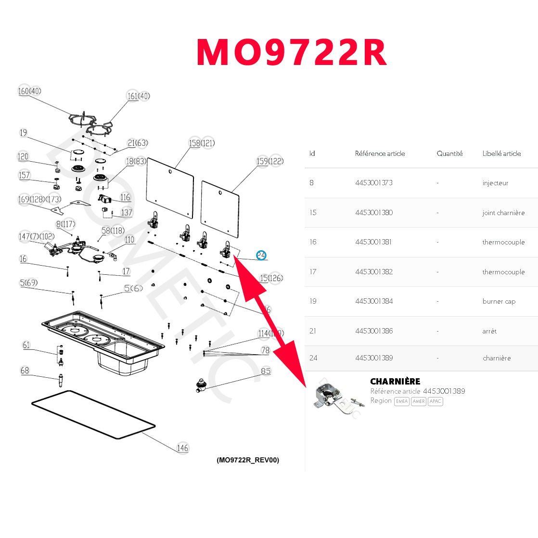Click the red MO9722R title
coord(292,53)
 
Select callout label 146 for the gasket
coord(182,448)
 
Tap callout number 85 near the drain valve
coord(266,371)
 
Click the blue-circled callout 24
coord(261,256)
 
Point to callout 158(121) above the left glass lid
coord(202,143)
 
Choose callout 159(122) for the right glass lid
coord(270,161)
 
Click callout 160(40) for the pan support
coord(29,91)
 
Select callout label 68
coord(25,371)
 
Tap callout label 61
coord(26,345)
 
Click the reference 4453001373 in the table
coord(374,183)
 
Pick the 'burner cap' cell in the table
coord(499,301)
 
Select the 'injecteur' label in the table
coord(495,183)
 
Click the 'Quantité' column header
coord(449,154)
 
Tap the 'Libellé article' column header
coord(501,154)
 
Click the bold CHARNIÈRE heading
coord(395,381)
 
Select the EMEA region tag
coord(401,401)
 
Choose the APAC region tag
coord(435,401)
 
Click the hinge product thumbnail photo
coord(335,396)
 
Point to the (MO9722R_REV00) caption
coord(248,460)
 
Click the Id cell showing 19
coord(313,301)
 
